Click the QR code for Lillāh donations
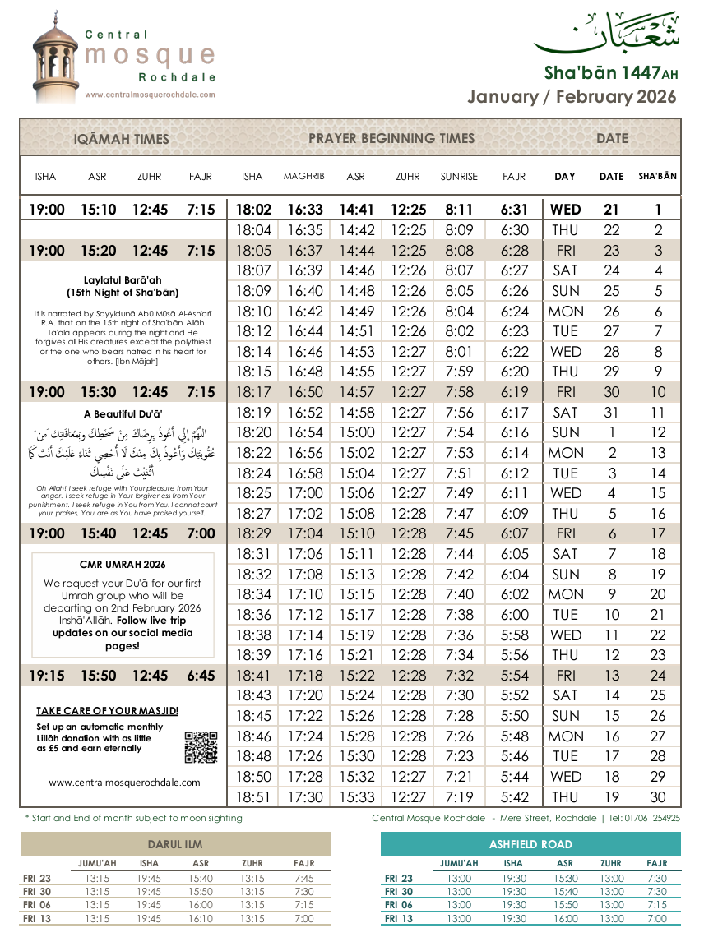(201, 747)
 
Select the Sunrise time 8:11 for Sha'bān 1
(459, 210)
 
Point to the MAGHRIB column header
(303, 177)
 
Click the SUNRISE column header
(459, 177)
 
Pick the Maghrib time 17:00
(303, 493)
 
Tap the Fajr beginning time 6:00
(515, 615)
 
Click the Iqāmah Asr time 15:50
(98, 676)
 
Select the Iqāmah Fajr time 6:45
(201, 676)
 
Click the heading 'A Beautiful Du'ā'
(123, 414)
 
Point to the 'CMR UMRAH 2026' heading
(122, 565)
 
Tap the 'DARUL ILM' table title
(174, 844)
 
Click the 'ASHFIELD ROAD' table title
(530, 844)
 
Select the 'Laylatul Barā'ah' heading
(123, 280)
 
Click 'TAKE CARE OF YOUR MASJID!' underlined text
(108, 711)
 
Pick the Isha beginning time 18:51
(252, 797)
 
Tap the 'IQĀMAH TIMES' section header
(122, 139)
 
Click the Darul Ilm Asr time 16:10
(201, 918)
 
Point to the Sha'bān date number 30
(658, 797)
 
